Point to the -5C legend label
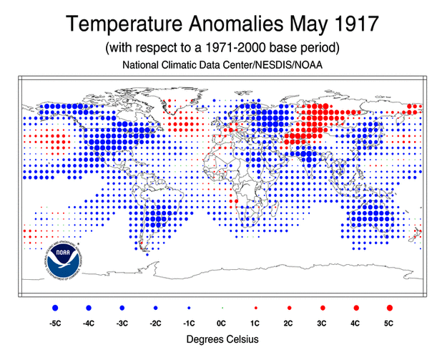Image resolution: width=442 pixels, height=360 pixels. coord(55,323)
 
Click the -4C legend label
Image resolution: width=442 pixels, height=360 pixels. coord(89,323)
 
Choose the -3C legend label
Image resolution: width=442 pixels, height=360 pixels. coord(122,323)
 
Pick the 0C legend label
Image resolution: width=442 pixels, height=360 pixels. coord(222,323)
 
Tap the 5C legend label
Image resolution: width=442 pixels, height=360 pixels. coord(389,323)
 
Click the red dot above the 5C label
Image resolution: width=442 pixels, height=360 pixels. coord(389,307)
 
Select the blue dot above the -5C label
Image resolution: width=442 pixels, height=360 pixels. coord(55,307)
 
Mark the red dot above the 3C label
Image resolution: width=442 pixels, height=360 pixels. coord(323,307)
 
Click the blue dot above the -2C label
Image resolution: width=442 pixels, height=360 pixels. coord(155,307)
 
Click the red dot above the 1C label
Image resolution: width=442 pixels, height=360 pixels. coord(255,307)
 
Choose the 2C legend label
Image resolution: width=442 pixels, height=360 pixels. coord(289,323)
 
